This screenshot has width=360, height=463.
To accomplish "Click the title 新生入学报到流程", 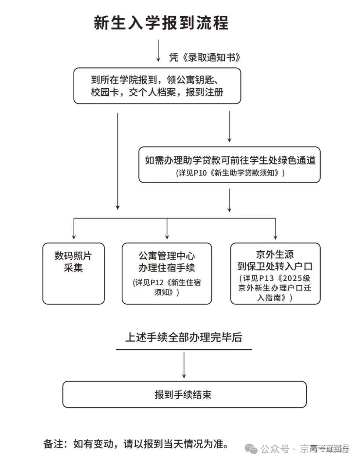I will [x=161, y=23].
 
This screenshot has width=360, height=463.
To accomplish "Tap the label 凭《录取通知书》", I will [x=205, y=57].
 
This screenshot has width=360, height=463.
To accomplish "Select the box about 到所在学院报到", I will [x=157, y=86].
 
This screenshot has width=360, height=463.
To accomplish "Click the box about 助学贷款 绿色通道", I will [x=229, y=165].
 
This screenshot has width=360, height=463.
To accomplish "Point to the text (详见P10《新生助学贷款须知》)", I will [x=230, y=173].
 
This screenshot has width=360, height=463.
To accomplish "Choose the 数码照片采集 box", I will [x=74, y=273].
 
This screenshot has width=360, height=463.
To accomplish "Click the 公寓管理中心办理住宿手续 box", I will [x=167, y=273].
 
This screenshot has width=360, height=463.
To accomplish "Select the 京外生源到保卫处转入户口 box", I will [x=275, y=273].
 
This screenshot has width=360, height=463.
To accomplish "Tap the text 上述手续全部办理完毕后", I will [x=183, y=337].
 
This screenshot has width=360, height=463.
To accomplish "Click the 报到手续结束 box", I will [x=184, y=395].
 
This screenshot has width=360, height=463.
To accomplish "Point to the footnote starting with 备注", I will [x=136, y=444].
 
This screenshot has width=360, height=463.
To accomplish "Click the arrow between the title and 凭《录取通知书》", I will [x=158, y=50].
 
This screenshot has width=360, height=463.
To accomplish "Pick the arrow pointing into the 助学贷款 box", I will [x=229, y=127].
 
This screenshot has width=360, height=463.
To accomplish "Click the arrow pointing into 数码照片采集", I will [x=74, y=230].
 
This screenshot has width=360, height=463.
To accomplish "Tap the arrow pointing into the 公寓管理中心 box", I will [x=167, y=230].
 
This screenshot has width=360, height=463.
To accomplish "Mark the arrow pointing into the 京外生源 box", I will [x=275, y=230].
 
